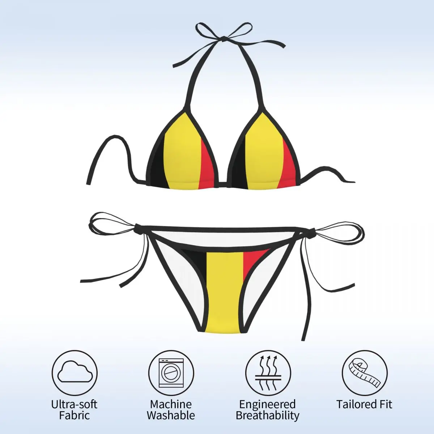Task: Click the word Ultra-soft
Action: pos(74,404)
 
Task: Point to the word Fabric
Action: pos(74,415)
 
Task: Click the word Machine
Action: pos(171,404)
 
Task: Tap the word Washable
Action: pos(171,415)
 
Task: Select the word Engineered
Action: pos(268,404)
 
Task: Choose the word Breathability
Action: pos(268,415)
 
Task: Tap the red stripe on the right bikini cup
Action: pos(289,166)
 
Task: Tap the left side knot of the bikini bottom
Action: pos(138,228)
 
